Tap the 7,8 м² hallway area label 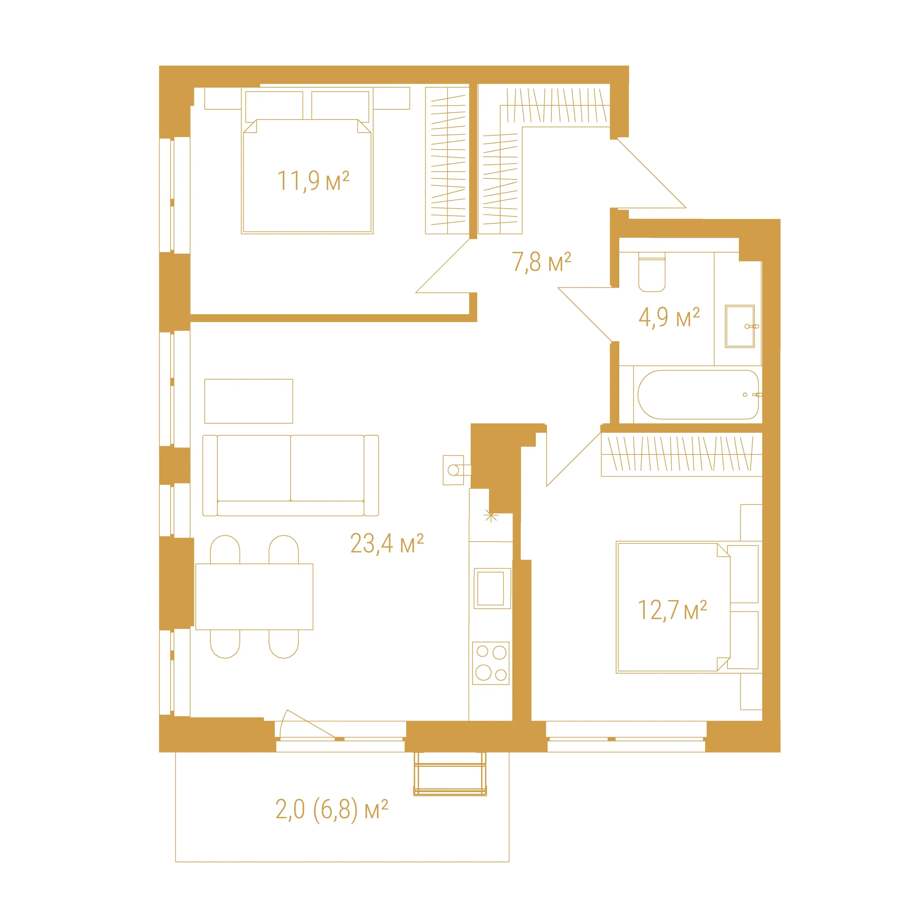541,262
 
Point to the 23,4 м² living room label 387,544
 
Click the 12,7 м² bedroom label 672,610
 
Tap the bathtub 698,395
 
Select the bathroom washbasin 740,327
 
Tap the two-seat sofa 290,476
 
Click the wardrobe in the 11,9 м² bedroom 447,160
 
